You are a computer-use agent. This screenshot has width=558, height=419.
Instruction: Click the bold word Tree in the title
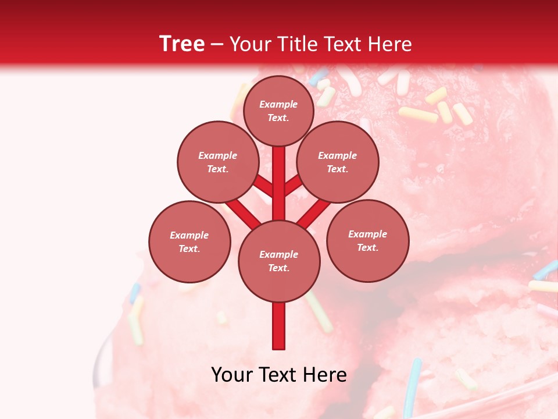pos(182,44)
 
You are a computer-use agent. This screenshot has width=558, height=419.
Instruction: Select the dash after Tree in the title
pos(217,45)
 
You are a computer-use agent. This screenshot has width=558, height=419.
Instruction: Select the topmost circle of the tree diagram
pos(278,111)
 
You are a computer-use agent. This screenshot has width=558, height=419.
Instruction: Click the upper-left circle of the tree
pos(218,162)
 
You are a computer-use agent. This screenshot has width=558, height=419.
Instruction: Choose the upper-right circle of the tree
pos(338,162)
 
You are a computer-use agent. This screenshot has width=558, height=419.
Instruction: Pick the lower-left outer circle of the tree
pos(189,242)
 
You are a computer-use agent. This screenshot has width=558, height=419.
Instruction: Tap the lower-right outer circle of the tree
pos(368,240)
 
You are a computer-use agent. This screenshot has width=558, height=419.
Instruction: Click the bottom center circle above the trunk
pos(279,261)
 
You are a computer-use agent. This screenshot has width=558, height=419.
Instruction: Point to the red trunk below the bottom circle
pos(279,326)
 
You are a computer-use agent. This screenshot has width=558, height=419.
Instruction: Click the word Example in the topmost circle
pos(278,104)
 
